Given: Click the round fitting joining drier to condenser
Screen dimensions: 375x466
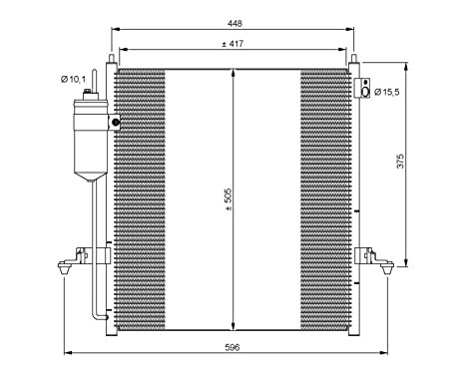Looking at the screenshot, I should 115,123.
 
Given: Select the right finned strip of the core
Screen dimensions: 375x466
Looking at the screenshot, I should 324,199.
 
